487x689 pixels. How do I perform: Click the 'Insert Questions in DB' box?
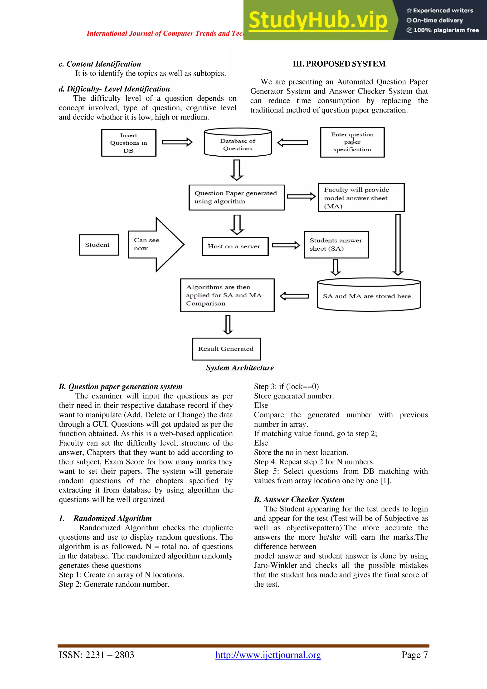pos(129,143)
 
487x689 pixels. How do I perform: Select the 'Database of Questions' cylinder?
pos(238,144)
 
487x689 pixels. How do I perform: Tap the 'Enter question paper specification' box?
pos(352,142)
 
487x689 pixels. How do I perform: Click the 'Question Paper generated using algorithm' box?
pos(236,197)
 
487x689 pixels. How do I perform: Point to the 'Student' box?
pos(99,245)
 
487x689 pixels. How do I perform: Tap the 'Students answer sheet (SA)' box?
pos(336,245)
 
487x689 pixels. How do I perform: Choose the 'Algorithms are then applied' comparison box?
pos(227,295)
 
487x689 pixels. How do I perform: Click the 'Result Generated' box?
pos(226,349)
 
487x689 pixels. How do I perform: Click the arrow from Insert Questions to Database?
pos(177,142)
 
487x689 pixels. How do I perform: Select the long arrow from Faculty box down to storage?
pos(398,245)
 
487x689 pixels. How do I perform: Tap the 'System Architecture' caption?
pos(240,368)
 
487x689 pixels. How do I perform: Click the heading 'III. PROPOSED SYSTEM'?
pos(339,64)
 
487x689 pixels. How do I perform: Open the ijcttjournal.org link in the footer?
pos(268,655)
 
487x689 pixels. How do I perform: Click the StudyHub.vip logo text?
pos(318,20)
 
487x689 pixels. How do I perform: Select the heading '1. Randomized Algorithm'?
pos(106,518)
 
